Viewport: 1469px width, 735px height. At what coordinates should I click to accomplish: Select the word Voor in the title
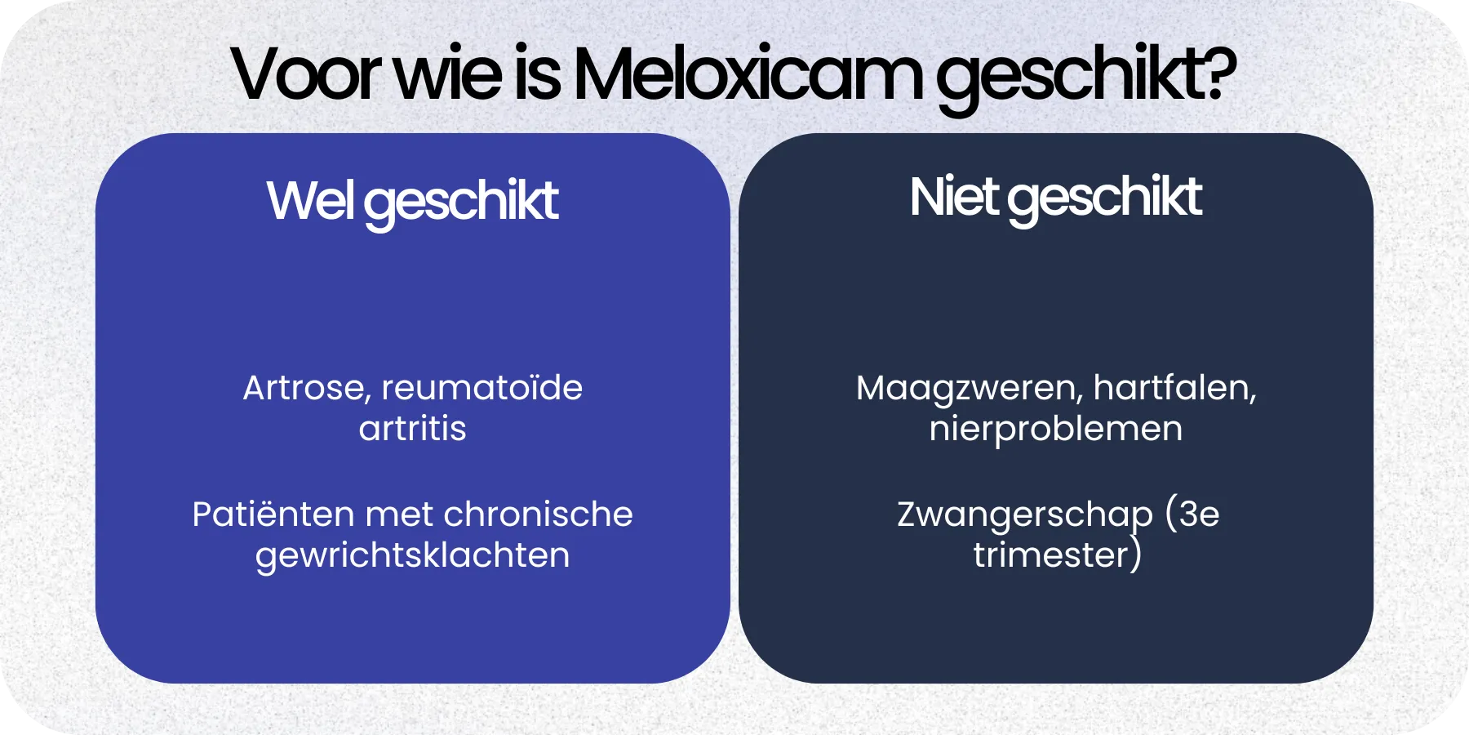pyautogui.click(x=306, y=75)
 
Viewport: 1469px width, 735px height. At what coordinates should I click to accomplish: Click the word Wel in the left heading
pyautogui.click(x=310, y=200)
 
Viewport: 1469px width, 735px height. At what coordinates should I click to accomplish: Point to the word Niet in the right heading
pyautogui.click(x=953, y=197)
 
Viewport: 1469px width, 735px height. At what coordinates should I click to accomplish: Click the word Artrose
pyautogui.click(x=306, y=388)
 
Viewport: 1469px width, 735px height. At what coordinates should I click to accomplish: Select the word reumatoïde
pyautogui.click(x=482, y=388)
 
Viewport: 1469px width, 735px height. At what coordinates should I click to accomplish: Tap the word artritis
pyautogui.click(x=412, y=429)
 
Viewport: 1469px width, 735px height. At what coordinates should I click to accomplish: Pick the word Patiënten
pyautogui.click(x=273, y=514)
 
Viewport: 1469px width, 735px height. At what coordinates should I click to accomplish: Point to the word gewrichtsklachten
pyautogui.click(x=412, y=556)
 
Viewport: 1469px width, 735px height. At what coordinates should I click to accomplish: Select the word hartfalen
pyautogui.click(x=1174, y=388)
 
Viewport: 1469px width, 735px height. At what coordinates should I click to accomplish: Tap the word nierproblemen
pyautogui.click(x=1055, y=429)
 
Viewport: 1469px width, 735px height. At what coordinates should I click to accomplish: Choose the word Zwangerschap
pyautogui.click(x=1024, y=515)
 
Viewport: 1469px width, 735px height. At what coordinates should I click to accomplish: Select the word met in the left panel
pyautogui.click(x=398, y=514)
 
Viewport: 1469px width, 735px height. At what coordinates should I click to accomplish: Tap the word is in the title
pyautogui.click(x=537, y=75)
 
